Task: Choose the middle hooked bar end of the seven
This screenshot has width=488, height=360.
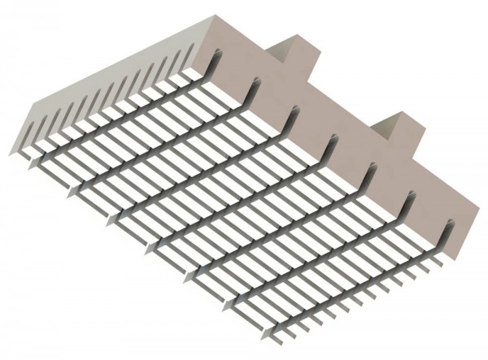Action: [x=333, y=146]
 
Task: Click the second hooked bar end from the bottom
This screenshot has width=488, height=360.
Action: [x=410, y=203]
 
